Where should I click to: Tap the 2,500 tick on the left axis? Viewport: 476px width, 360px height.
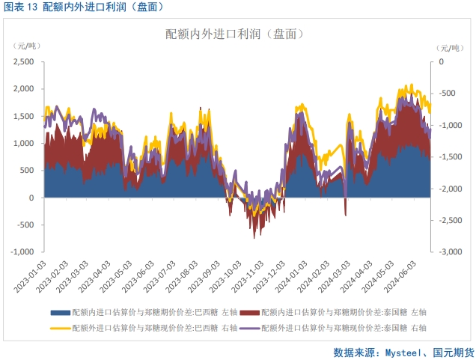[x=23, y=61]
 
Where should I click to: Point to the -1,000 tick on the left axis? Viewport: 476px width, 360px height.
[x=23, y=252]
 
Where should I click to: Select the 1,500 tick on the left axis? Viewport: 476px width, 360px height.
[x=23, y=116]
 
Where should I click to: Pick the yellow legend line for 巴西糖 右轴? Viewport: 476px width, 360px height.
[x=61, y=327]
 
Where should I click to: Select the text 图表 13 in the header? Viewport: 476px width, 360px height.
[x=20, y=7]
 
